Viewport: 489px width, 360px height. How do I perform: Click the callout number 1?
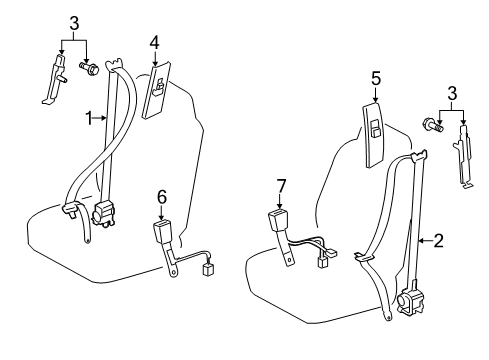click(89, 118)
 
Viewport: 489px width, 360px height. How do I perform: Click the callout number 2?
click(438, 241)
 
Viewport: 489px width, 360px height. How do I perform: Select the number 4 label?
click(154, 43)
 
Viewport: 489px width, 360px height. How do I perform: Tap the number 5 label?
click(376, 79)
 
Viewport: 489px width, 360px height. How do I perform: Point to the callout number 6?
click(162, 198)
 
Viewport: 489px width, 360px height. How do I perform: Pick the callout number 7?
click(281, 186)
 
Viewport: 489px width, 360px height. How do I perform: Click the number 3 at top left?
click(74, 24)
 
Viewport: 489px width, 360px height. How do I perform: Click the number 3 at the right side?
click(452, 94)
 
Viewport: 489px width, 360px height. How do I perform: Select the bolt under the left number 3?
click(89, 68)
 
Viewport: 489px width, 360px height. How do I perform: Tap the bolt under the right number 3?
click(433, 125)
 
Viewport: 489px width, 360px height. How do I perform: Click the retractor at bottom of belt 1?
click(104, 214)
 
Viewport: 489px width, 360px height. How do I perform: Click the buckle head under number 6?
click(162, 230)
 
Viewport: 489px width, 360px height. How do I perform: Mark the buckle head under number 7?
click(279, 219)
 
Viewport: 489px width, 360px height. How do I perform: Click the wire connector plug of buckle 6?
click(209, 268)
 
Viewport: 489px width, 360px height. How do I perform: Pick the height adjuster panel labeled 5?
click(374, 135)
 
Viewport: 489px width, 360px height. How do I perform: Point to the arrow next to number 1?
click(100, 118)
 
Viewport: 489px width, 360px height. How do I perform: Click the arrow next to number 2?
click(425, 240)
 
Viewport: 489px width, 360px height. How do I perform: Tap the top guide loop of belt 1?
click(113, 65)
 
